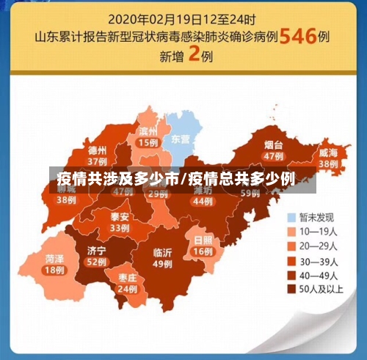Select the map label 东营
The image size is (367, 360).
click(x=180, y=138)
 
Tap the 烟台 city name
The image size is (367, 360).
click(x=274, y=144)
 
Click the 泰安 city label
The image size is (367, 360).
click(x=120, y=216)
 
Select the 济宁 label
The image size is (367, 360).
click(x=96, y=250)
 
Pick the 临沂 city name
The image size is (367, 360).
click(x=162, y=252)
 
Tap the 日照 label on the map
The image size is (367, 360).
click(x=203, y=240)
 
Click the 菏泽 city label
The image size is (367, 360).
click(x=54, y=258)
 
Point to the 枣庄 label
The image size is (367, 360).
click(x=127, y=277)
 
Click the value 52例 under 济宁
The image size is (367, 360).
click(x=96, y=262)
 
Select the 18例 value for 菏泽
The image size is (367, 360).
click(x=54, y=270)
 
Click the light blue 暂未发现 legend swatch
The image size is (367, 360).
click(x=291, y=217)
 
